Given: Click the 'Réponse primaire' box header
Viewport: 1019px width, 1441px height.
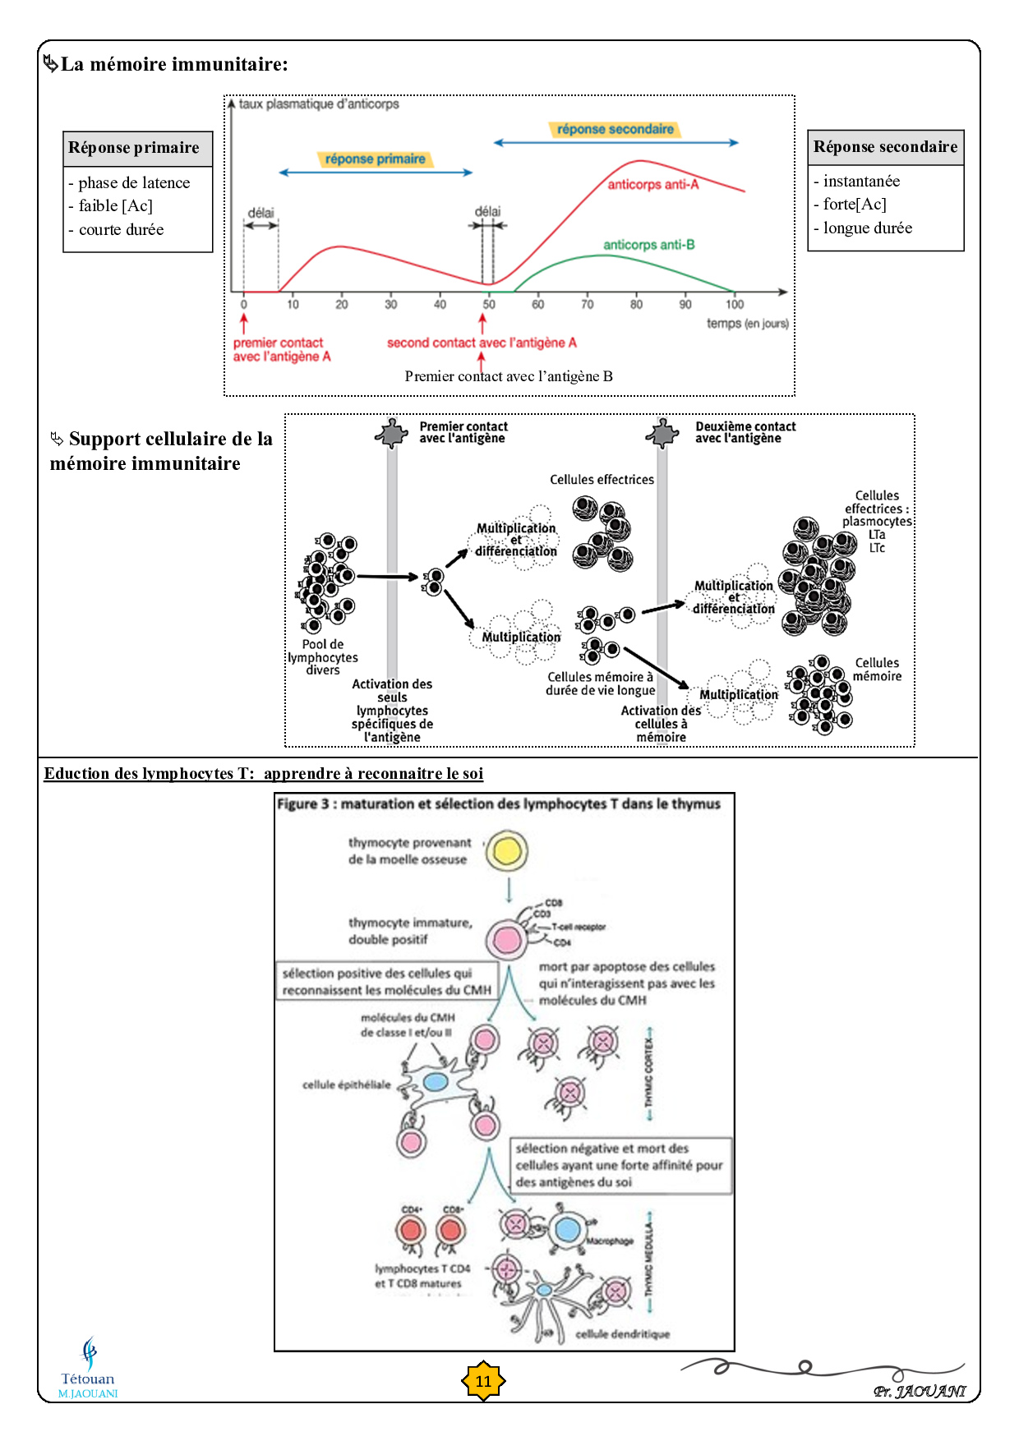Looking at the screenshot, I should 134,148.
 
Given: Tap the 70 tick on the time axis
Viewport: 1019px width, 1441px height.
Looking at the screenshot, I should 587,304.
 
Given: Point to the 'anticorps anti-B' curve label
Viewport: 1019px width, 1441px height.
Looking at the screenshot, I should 648,245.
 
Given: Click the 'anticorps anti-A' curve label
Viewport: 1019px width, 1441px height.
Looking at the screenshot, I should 652,185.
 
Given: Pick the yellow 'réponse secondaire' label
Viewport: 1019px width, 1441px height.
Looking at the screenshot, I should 615,129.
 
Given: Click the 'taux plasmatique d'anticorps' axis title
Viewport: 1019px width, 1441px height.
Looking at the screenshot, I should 319,104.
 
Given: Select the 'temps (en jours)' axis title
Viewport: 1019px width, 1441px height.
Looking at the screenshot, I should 747,324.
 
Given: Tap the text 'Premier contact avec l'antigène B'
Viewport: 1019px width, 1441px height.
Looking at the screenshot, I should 508,376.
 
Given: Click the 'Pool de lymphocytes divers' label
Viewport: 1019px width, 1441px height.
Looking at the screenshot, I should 323,657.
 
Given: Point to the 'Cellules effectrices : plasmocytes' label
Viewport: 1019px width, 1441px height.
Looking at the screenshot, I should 877,509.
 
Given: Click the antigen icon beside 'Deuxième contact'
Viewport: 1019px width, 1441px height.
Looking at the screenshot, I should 662,433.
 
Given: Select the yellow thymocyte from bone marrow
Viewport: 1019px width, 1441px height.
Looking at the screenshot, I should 506,851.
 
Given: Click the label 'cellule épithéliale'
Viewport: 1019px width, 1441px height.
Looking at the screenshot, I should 346,1084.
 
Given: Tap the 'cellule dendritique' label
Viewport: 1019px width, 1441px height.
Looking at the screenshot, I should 622,1334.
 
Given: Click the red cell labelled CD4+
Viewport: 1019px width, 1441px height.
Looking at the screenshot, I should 411,1231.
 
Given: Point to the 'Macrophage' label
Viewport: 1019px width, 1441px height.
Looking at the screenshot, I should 610,1241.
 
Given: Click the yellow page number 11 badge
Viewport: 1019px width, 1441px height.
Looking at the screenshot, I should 483,1381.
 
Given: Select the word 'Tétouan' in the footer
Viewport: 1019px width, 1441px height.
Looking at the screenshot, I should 87,1379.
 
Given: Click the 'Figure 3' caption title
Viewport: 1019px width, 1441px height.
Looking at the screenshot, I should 498,804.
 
